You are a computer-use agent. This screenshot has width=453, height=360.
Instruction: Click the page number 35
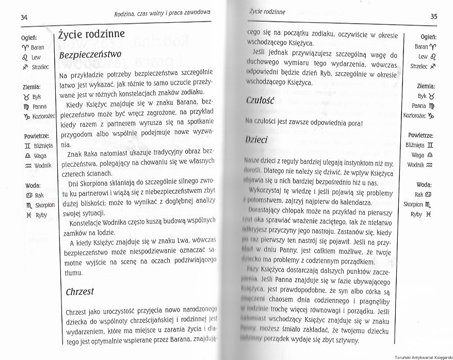click(x=433, y=17)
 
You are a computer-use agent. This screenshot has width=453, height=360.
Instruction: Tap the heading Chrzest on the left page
click(x=80, y=291)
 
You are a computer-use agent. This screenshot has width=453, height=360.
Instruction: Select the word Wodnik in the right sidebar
click(x=415, y=165)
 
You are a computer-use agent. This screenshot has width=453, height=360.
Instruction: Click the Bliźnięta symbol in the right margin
click(x=431, y=146)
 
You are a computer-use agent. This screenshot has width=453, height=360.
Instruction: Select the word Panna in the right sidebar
click(x=418, y=106)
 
